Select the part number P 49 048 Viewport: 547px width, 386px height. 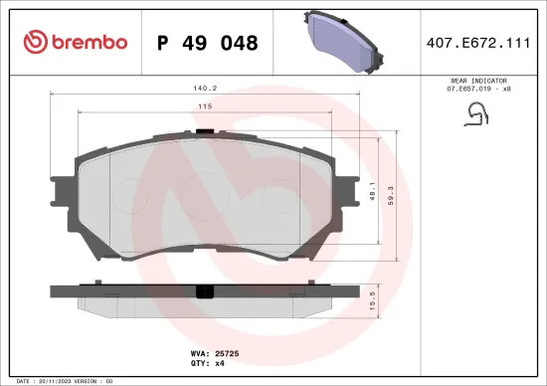click(x=207, y=43)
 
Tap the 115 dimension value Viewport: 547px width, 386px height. click(x=206, y=106)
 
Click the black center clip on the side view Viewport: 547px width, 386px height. click(x=206, y=292)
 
